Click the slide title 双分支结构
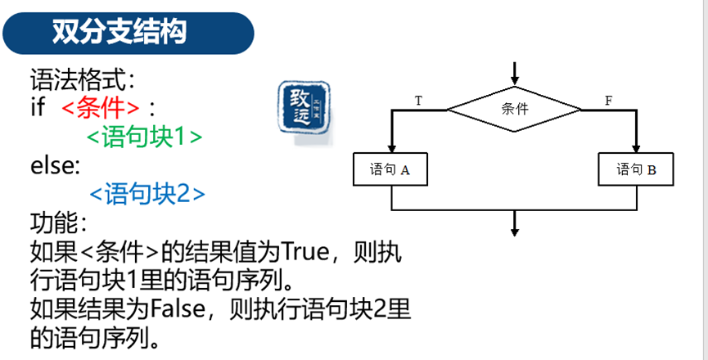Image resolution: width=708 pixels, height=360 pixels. (120, 32)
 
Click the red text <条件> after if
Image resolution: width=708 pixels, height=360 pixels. (101, 108)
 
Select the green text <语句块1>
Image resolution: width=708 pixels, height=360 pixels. (144, 136)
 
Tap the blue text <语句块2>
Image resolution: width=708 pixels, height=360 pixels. (147, 194)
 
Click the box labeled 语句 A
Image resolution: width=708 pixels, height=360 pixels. (390, 170)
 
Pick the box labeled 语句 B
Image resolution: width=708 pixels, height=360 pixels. (637, 170)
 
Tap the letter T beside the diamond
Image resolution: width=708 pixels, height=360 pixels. (418, 101)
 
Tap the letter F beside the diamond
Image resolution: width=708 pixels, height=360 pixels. (608, 101)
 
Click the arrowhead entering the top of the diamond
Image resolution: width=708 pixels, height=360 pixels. (515, 79)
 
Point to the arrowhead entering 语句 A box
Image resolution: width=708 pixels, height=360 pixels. (392, 149)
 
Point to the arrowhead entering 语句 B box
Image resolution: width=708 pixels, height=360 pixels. (637, 149)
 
